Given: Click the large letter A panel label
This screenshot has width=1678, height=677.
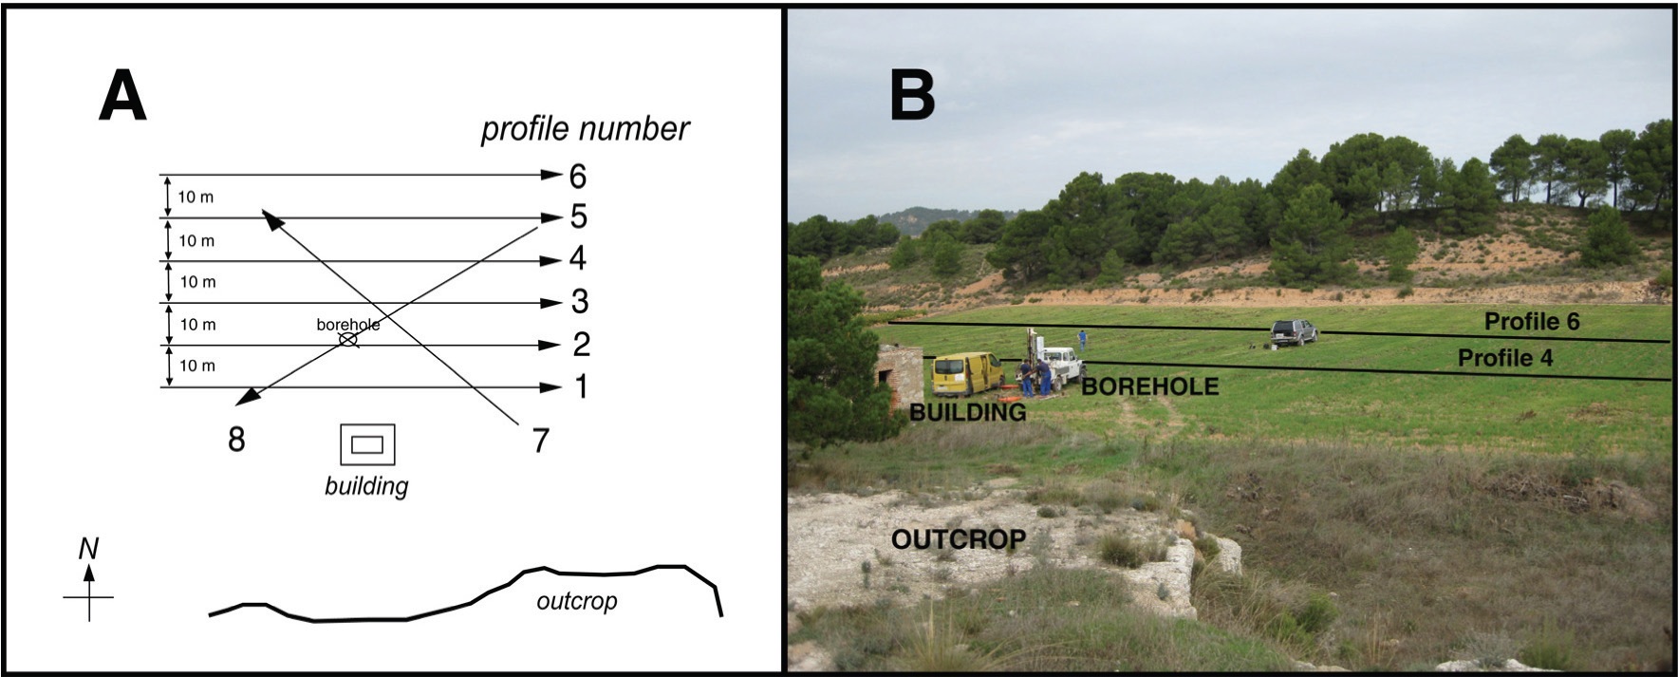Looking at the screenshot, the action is click(122, 97).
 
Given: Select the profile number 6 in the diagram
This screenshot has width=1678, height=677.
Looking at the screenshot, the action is click(578, 176).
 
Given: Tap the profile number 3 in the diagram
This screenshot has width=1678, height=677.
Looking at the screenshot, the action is click(579, 302).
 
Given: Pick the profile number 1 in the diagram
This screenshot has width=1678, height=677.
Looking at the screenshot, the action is click(580, 386).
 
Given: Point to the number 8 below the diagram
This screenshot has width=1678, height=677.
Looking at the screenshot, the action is click(236, 439).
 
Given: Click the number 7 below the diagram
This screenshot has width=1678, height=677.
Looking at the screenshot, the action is click(540, 440).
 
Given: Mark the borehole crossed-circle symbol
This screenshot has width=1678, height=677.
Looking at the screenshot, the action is click(349, 339).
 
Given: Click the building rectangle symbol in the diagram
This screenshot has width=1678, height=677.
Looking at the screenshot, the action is click(367, 444).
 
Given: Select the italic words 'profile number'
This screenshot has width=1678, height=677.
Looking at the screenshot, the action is click(585, 129).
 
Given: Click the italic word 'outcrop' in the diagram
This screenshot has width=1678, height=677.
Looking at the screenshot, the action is click(577, 601).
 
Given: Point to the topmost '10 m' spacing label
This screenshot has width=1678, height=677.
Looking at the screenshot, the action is click(196, 197).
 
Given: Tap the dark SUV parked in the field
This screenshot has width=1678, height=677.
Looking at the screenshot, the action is click(1295, 331).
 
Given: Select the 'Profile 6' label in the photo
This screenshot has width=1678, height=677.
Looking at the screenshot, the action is click(1532, 322).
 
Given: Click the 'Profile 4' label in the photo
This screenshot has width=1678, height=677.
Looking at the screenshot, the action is click(1505, 358).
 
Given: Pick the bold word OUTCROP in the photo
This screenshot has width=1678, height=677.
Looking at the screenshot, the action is click(959, 539).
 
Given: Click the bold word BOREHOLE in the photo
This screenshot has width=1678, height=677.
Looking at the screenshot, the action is click(1150, 386).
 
